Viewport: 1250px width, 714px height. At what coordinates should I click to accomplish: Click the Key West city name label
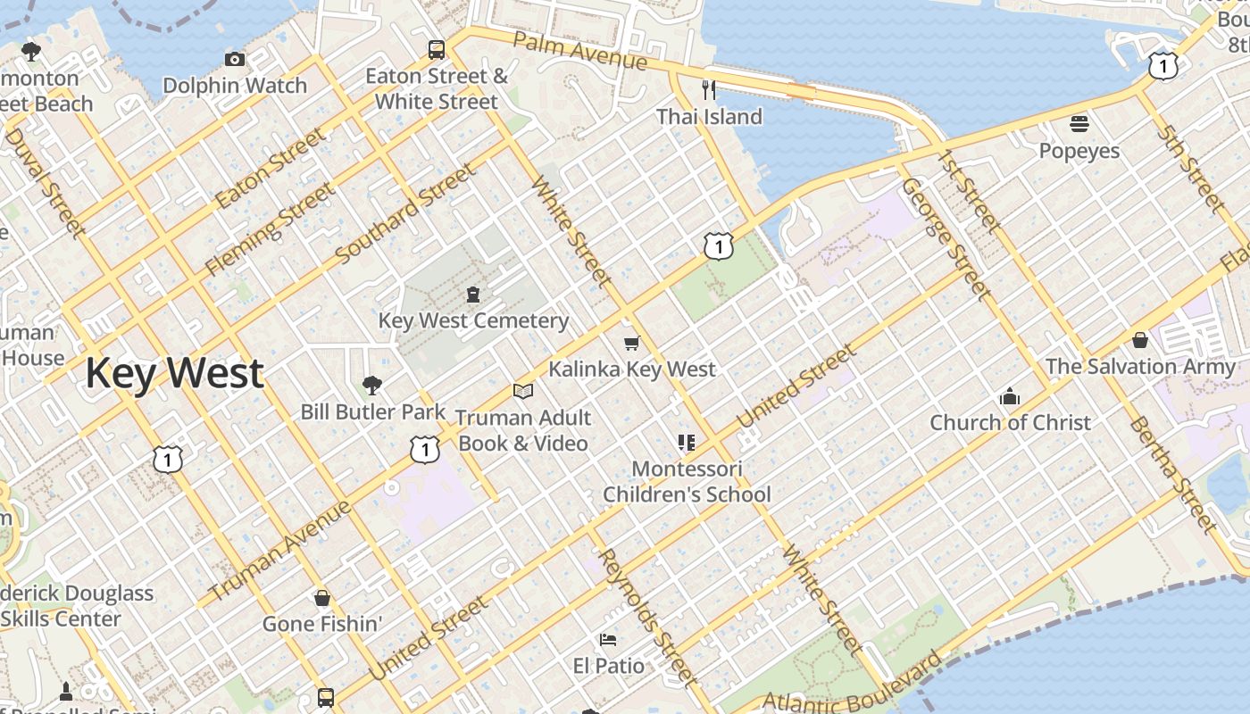coord(174,372)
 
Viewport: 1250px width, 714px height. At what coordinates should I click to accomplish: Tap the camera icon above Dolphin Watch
coord(235,60)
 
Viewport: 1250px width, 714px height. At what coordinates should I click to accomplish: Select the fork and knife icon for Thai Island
coord(709,89)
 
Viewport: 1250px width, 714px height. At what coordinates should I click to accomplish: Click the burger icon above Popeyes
coord(1079,123)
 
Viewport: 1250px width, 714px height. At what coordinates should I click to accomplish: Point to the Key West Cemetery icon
coord(473,294)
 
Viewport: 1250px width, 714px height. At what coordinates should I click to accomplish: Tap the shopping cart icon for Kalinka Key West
coord(632,343)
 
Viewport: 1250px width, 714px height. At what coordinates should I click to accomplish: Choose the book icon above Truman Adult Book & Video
coord(523,391)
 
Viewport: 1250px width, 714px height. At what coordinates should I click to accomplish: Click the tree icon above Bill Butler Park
coord(372,386)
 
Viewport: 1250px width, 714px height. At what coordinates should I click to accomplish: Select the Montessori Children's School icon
coord(687,442)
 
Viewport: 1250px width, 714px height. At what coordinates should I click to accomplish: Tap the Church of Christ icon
coord(1010,396)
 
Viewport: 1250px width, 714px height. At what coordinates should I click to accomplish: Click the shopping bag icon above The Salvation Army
coord(1139,340)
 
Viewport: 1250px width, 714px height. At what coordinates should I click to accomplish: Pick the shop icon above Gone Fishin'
coord(321,597)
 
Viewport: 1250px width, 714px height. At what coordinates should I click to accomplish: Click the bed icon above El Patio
coord(608,639)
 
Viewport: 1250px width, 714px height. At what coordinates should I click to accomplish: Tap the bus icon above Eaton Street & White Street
coord(437,50)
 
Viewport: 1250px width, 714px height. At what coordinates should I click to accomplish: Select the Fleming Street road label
coord(271,228)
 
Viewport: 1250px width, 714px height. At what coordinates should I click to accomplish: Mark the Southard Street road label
coord(405,214)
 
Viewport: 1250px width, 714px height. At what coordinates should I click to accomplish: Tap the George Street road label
coord(946,238)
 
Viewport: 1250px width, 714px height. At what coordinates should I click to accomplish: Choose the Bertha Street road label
coord(1172,473)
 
